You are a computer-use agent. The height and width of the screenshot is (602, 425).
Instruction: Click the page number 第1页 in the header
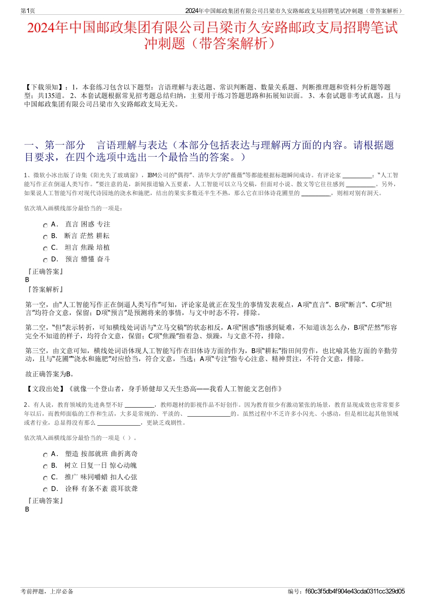click(28, 11)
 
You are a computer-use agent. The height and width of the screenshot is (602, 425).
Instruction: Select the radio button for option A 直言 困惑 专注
click(45, 226)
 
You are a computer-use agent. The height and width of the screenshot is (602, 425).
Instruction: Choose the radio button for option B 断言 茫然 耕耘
click(45, 237)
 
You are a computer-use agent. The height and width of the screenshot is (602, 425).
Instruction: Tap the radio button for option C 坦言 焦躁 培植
click(45, 249)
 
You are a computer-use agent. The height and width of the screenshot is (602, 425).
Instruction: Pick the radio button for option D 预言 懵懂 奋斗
click(45, 260)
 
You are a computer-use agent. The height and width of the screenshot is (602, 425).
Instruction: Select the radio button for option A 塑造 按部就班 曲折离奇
click(45, 455)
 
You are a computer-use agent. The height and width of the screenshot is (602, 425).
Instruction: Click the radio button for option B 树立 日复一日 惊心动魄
click(45, 467)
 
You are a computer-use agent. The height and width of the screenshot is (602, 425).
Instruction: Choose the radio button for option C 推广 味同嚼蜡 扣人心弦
click(45, 478)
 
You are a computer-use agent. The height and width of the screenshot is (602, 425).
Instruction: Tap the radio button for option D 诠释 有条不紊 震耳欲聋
click(45, 490)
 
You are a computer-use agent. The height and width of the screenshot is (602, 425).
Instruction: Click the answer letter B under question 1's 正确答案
click(27, 280)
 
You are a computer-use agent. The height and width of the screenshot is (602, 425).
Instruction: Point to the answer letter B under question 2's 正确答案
click(27, 509)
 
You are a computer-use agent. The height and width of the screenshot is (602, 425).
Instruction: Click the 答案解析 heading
click(45, 290)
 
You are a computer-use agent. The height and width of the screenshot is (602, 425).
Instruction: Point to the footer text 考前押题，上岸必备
click(47, 591)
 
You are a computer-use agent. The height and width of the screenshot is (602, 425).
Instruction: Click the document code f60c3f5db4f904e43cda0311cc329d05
click(355, 591)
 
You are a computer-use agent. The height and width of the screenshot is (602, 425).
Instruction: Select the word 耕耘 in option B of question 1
click(103, 236)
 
